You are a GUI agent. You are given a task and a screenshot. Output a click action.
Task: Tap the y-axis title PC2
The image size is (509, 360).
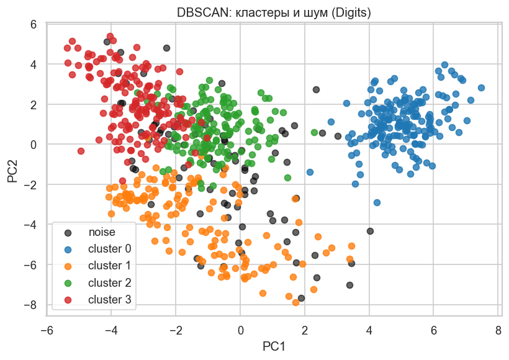pos(13,169)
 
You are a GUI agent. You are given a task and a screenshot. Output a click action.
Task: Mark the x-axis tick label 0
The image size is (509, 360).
pos(240,329)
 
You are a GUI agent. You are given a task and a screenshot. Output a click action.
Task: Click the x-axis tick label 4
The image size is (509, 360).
pos(369,329)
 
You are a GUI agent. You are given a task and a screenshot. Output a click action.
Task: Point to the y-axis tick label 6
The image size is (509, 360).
pos(34,24)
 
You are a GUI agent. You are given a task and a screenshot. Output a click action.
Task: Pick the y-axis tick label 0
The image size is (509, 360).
pos(34,145)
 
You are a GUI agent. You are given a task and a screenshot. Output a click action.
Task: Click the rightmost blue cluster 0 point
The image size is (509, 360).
pos(481,88)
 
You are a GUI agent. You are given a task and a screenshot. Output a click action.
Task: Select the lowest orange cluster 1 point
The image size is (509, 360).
pos(296,302)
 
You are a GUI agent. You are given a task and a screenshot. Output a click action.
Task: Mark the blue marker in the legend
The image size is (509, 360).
pos(68,249)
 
